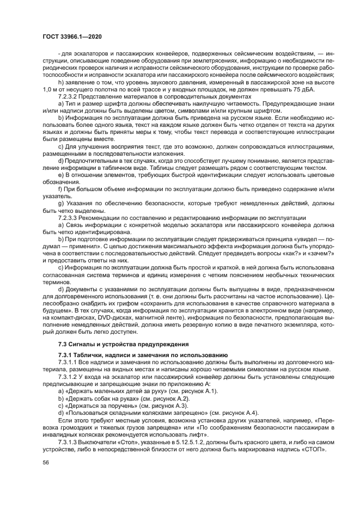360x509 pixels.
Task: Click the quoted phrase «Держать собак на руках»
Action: click(100, 398)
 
